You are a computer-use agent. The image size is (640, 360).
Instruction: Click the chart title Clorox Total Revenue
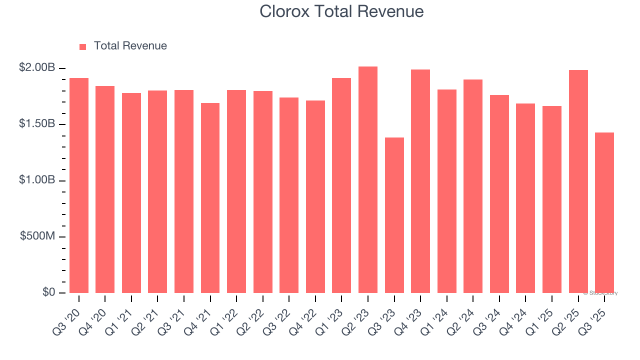point(341,11)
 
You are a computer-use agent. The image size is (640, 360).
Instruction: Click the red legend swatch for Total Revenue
point(82,46)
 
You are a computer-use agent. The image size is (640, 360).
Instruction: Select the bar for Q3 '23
point(394,215)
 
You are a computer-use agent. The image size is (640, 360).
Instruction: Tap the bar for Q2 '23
point(368,179)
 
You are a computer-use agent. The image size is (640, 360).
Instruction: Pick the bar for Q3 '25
point(604,212)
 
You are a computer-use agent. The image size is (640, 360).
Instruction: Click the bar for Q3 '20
point(79,185)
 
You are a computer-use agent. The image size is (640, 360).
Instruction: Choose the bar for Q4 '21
point(210,198)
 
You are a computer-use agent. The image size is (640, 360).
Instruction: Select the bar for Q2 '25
point(578,181)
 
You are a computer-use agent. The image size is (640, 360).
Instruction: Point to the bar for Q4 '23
point(420,181)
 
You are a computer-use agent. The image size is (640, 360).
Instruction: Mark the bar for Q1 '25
point(552,199)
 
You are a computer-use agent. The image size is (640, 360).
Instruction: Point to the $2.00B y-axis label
point(37,67)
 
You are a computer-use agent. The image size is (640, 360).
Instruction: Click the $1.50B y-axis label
point(37,124)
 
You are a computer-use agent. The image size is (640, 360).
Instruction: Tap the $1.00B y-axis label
point(37,180)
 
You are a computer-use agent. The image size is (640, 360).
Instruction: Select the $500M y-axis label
point(37,236)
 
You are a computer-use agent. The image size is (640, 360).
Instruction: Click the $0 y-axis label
point(48,292)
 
